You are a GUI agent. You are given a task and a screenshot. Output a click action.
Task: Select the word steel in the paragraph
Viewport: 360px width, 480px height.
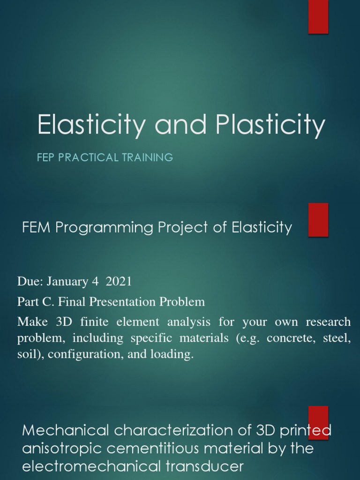pos(337,339)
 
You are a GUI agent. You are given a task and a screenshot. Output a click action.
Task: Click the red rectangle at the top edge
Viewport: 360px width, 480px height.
pos(318,17)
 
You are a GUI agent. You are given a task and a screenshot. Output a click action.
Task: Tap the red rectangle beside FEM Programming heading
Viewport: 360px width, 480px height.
pos(318,219)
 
